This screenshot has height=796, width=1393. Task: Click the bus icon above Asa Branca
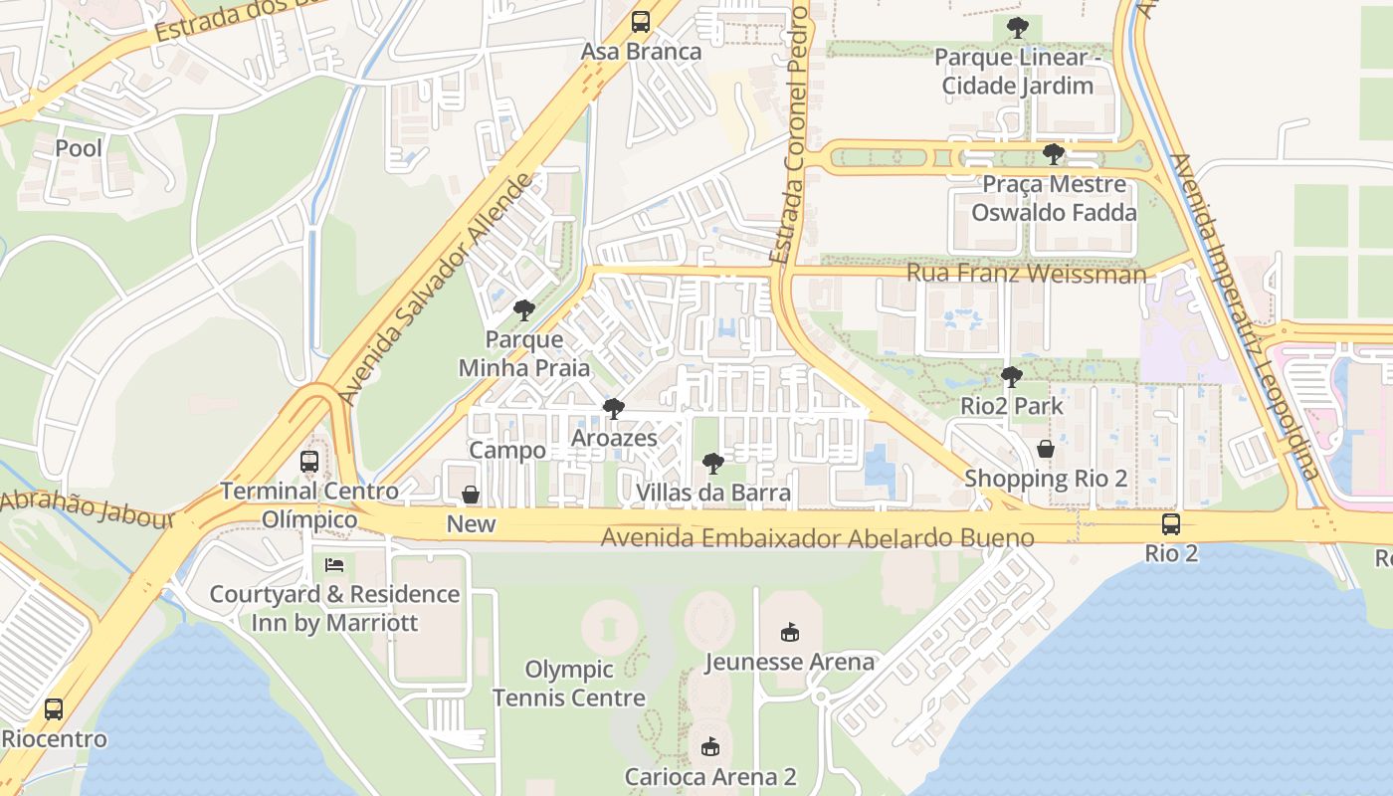tap(641, 22)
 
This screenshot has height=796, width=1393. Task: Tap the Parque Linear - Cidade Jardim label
tap(1017, 72)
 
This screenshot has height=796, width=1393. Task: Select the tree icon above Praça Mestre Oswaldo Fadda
tap(1053, 154)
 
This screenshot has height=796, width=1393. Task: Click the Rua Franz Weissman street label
tap(1026, 273)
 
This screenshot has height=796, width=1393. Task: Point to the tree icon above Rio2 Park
tap(1011, 377)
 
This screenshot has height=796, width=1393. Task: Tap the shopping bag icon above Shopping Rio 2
tap(1045, 449)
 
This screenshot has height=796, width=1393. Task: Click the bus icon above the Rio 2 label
tap(1171, 523)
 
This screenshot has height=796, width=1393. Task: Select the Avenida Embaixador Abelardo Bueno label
tap(817, 538)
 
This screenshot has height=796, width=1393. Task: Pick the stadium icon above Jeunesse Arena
tap(790, 632)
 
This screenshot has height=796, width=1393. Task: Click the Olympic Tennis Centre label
tap(569, 684)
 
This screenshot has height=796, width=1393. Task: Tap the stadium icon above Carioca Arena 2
tap(709, 746)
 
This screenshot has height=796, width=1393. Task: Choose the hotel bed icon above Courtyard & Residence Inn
tap(334, 565)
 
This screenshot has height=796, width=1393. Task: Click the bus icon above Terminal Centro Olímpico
tap(309, 462)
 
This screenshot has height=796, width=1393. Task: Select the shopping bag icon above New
tap(471, 495)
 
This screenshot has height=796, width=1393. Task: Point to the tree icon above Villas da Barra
tap(712, 463)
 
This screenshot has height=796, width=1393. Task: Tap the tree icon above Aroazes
tap(614, 408)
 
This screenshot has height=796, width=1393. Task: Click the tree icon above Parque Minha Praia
tap(523, 310)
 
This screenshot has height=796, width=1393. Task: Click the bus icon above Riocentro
tap(54, 709)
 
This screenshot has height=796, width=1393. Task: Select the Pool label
tap(79, 148)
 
